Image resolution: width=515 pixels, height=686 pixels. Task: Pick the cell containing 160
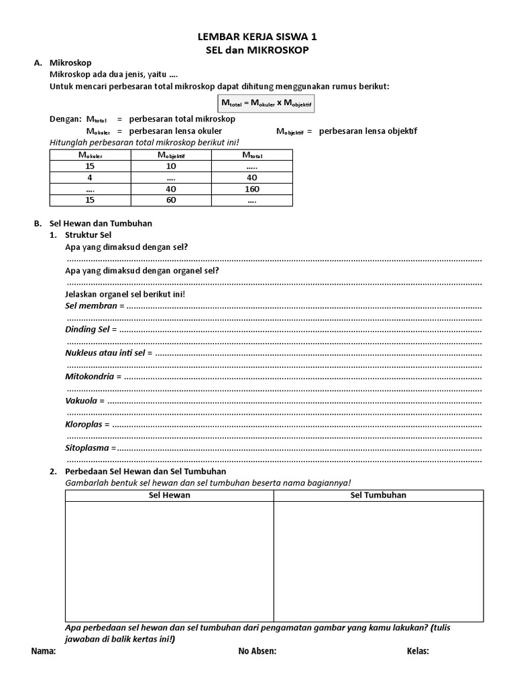(x=251, y=189)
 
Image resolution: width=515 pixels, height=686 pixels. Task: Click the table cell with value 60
(x=170, y=200)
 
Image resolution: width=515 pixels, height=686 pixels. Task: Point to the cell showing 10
(x=170, y=166)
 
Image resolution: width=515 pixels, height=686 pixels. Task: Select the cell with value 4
(x=89, y=178)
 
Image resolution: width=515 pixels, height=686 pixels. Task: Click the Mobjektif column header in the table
(x=170, y=155)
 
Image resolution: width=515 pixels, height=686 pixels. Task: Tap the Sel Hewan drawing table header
(x=169, y=495)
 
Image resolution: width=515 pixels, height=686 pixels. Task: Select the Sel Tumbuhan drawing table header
(x=378, y=495)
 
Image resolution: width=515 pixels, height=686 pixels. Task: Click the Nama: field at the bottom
(x=44, y=650)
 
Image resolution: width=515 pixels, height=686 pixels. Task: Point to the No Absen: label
(x=257, y=650)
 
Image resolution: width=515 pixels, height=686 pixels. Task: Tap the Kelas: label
(x=418, y=650)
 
